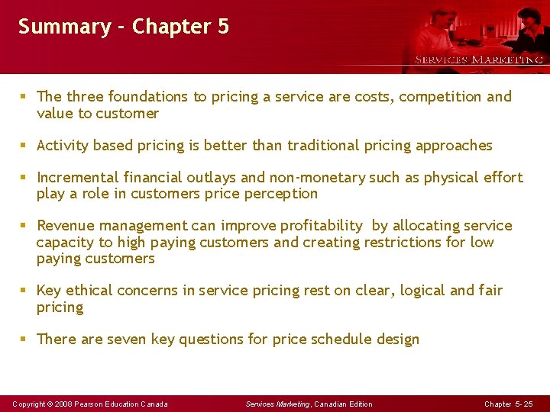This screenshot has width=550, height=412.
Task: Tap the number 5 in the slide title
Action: pos(222,27)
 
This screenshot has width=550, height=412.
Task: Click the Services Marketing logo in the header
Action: pos(478,60)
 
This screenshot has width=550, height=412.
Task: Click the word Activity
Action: pos(63,146)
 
